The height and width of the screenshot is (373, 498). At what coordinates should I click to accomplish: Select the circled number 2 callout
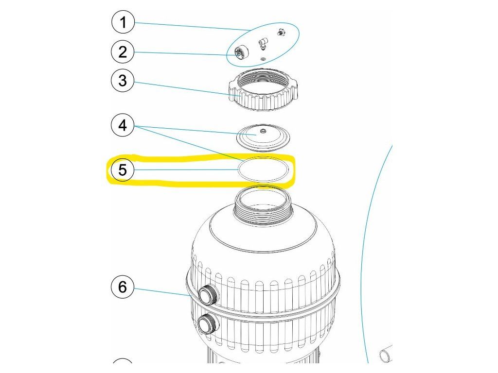click(x=123, y=51)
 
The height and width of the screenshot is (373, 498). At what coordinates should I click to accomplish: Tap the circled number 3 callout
click(x=123, y=81)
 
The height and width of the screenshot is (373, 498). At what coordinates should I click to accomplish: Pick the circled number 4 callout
click(x=123, y=126)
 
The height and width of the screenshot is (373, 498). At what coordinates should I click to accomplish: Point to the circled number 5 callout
click(x=123, y=170)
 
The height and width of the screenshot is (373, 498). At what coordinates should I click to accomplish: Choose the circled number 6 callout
click(x=123, y=287)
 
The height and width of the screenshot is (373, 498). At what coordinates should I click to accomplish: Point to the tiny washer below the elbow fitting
click(x=263, y=59)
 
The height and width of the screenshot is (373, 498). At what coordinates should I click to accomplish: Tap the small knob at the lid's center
click(x=263, y=130)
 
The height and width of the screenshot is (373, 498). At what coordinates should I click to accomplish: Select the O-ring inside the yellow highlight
click(x=263, y=170)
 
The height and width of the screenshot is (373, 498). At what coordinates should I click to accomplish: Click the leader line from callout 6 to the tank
click(x=160, y=291)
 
